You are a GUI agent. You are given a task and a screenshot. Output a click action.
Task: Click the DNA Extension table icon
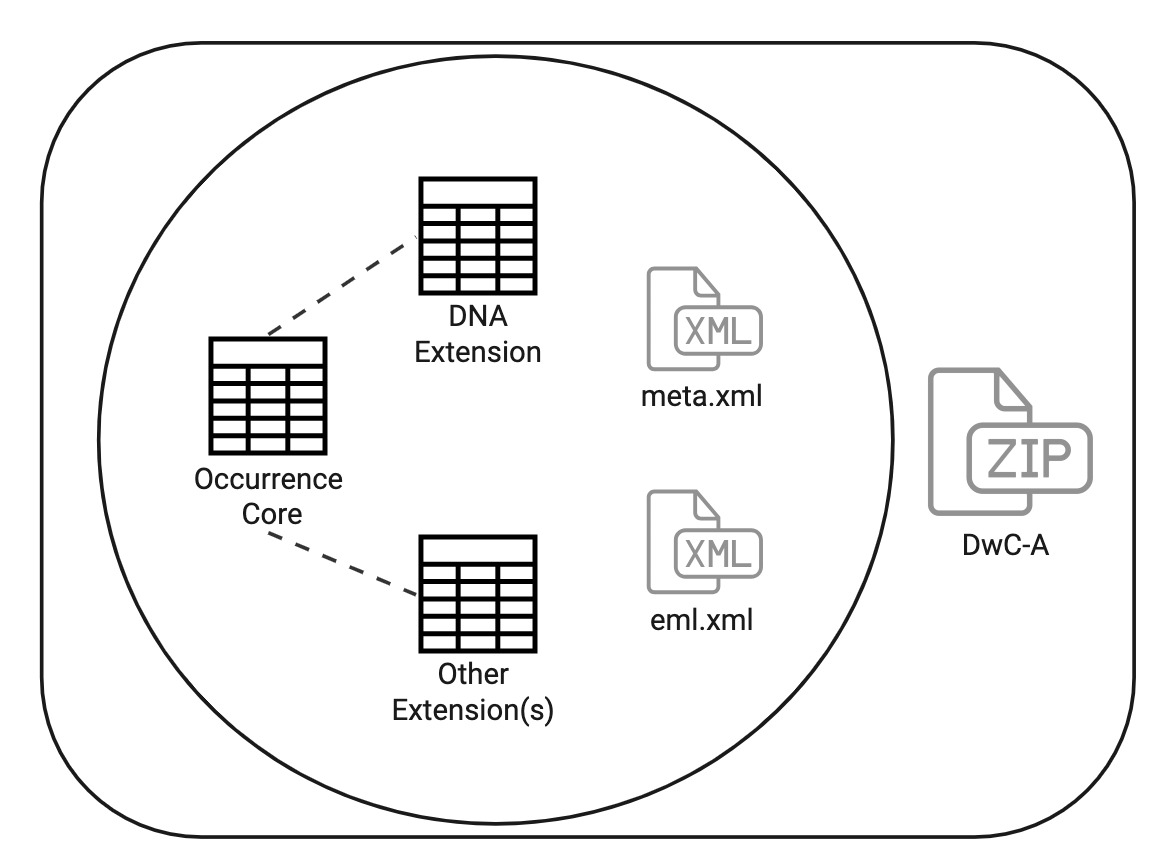point(477,233)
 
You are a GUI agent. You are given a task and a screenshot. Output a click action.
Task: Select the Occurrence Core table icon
point(267,393)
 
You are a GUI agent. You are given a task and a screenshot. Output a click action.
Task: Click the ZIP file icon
point(1008,443)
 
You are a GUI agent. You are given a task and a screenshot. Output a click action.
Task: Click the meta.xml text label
point(702,399)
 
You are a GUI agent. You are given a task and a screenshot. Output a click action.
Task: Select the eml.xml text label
point(700,621)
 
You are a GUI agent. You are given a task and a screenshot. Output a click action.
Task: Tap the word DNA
point(478,318)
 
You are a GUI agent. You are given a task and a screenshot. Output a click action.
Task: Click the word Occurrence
point(268,479)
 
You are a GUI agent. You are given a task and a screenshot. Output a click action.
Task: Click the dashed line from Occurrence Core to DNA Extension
point(340,286)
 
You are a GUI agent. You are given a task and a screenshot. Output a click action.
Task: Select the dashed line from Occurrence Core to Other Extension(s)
point(340,565)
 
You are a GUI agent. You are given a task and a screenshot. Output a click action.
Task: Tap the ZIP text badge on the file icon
point(1027,460)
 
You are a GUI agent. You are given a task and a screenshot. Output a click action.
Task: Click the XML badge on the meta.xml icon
point(719,329)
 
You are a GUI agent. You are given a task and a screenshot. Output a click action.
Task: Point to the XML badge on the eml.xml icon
point(719,552)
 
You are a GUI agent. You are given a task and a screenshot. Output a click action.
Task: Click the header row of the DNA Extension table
point(477,191)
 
